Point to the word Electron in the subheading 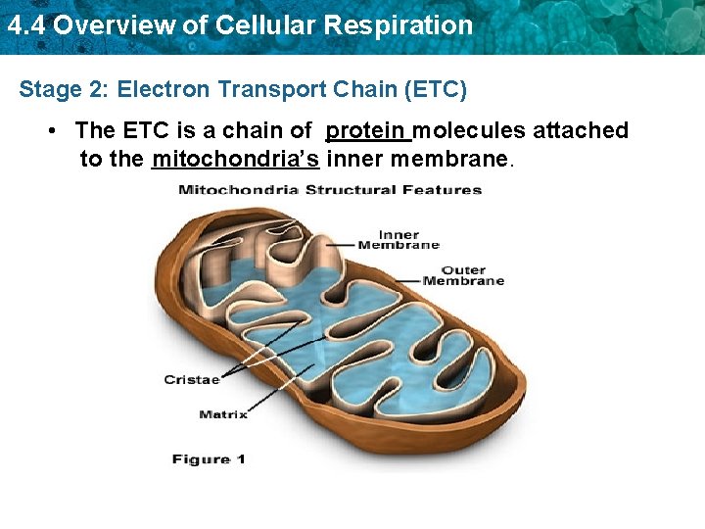click(163, 90)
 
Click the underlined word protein click(367, 130)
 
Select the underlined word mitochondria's click(235, 159)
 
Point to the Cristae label click(192, 379)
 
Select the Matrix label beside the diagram click(223, 414)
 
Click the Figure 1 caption click(209, 458)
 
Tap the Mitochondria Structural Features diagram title click(330, 189)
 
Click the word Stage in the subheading click(47, 90)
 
